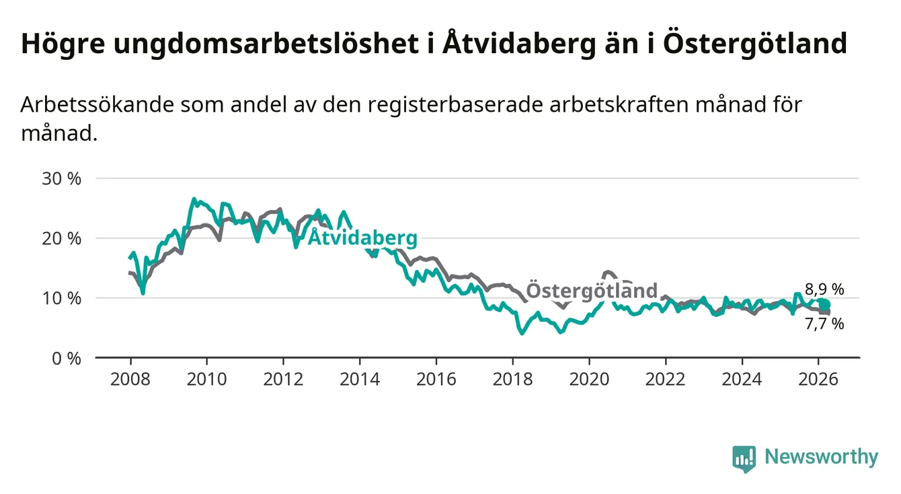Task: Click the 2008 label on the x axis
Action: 130,380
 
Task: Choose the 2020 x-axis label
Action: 589,380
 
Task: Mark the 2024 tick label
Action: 742,380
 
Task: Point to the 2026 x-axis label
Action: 818,380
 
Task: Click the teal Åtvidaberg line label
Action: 362,238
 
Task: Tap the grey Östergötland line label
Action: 591,291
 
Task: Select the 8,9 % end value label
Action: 824,289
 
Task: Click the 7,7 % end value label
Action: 824,324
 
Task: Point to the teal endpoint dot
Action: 824,305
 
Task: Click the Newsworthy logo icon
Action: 744,458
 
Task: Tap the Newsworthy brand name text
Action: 821,458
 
